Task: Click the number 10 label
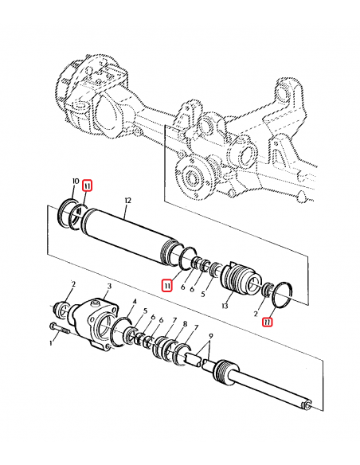[76, 182]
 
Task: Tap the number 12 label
[127, 201]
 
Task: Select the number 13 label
[225, 306]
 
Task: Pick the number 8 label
[185, 324]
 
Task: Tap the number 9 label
[211, 336]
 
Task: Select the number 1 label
[51, 343]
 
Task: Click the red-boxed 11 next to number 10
[88, 186]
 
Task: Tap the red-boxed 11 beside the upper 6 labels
[167, 286]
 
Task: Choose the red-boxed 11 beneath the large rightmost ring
[268, 322]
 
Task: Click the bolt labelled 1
[60, 329]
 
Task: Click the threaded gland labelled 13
[241, 279]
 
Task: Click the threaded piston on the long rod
[226, 373]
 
